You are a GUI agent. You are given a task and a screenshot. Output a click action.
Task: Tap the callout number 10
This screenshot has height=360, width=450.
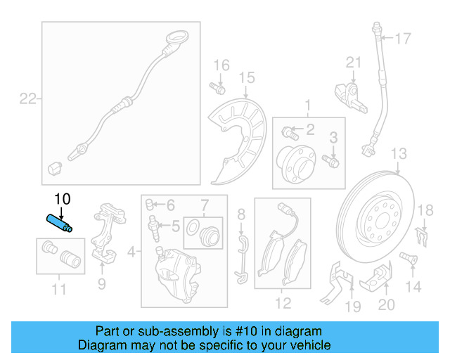(62, 199)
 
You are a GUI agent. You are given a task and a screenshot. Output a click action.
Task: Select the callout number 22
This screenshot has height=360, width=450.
(27, 99)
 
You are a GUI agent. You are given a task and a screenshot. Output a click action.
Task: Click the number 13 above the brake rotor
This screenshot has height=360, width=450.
(398, 153)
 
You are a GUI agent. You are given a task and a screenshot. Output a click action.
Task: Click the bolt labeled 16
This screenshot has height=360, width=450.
(217, 89)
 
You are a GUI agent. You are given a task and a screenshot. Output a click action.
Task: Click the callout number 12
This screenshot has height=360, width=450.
(282, 304)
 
